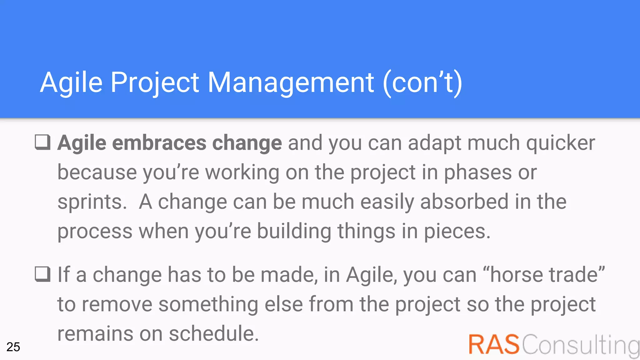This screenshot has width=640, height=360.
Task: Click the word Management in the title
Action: coord(291,82)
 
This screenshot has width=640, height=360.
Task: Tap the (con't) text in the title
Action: coord(422,82)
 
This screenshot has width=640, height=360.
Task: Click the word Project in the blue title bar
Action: coord(155,82)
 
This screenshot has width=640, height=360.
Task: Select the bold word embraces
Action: coord(159,143)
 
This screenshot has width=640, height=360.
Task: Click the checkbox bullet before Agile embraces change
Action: coord(42,142)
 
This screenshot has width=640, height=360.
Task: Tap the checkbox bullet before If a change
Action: coord(42,274)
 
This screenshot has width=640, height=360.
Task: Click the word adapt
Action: coord(434,143)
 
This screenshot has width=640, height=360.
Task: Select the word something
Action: coord(208,304)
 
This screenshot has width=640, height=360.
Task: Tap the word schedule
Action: coord(214,333)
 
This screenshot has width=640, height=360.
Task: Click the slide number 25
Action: coord(13,347)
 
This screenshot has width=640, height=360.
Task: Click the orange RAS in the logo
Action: coord(494,344)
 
